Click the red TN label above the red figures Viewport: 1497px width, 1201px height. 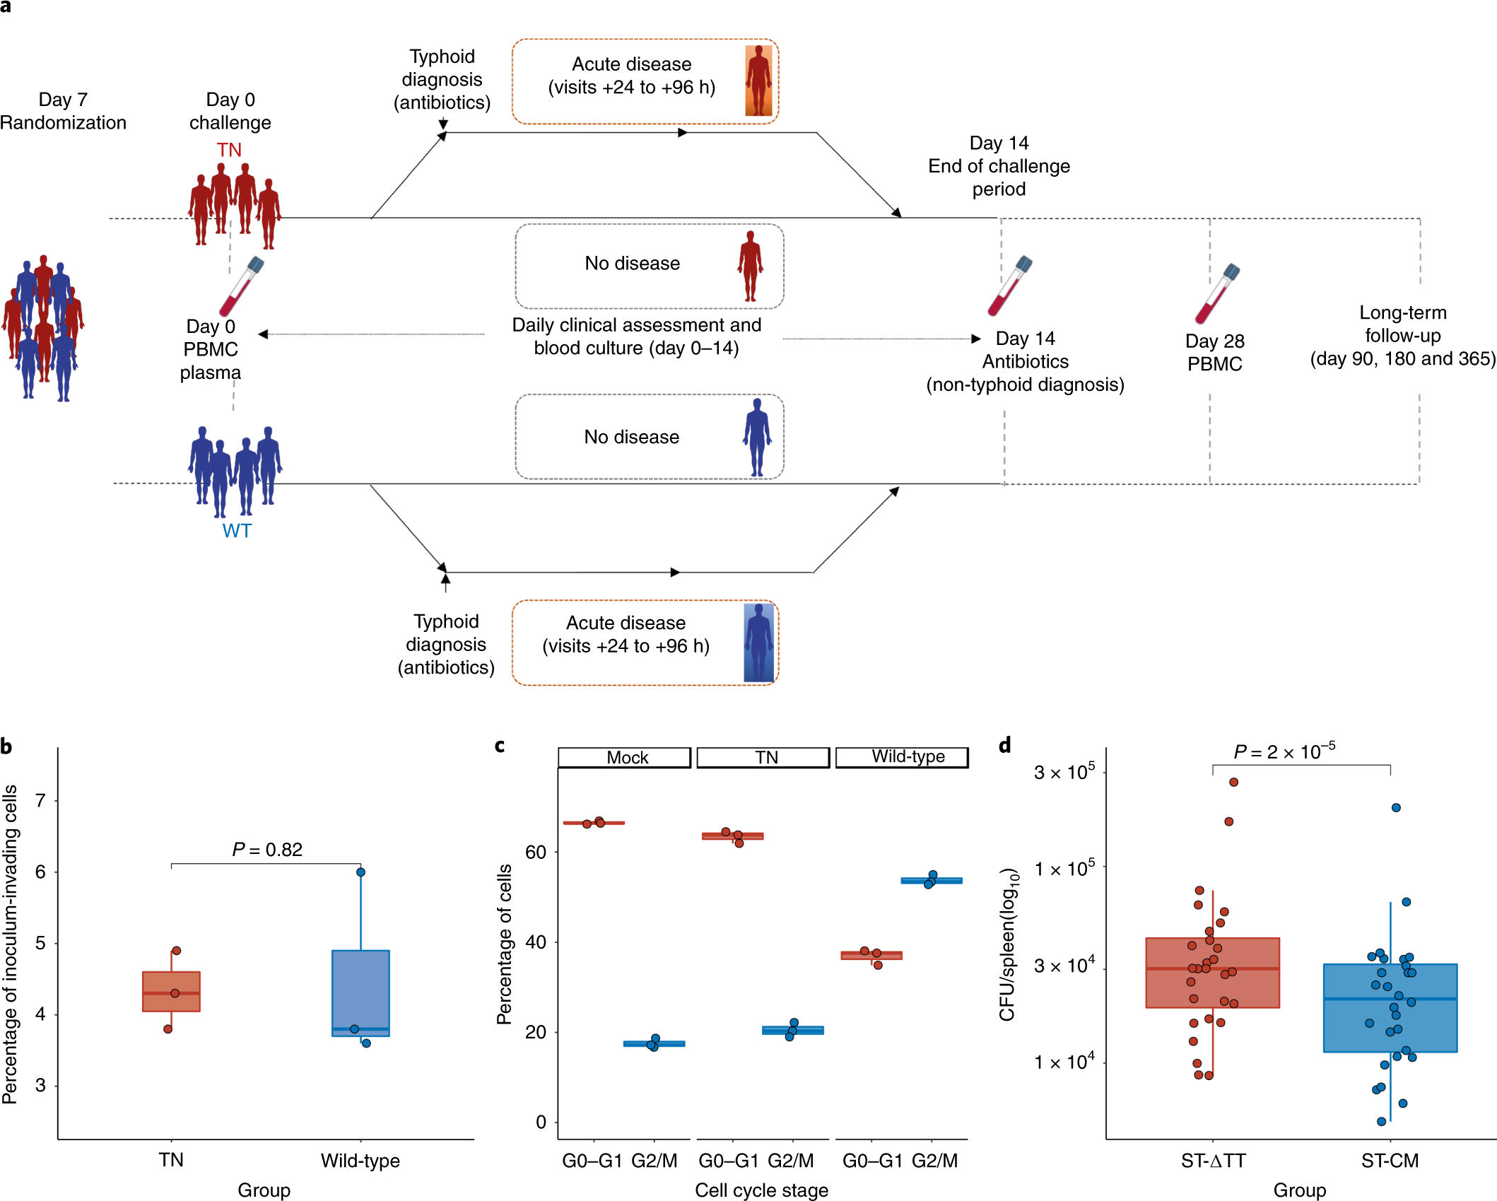pyautogui.click(x=229, y=150)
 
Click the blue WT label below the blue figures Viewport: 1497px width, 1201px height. pyautogui.click(x=237, y=531)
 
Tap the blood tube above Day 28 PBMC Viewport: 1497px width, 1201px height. pyautogui.click(x=1217, y=293)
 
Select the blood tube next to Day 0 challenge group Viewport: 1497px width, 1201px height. pyautogui.click(x=241, y=286)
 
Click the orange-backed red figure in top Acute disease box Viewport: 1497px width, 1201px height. pyautogui.click(x=758, y=81)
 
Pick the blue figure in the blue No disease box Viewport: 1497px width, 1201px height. pyautogui.click(x=757, y=437)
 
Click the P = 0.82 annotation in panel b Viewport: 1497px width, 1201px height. pyautogui.click(x=267, y=849)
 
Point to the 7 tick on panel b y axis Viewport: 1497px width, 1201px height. pyautogui.click(x=40, y=801)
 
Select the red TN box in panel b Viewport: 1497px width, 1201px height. pyautogui.click(x=171, y=991)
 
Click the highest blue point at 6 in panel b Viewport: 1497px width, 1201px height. pyautogui.click(x=360, y=872)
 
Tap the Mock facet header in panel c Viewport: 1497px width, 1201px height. pyautogui.click(x=625, y=757)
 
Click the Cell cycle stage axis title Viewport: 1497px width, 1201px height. pyautogui.click(x=761, y=1190)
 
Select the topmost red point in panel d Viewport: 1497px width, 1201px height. pyautogui.click(x=1233, y=782)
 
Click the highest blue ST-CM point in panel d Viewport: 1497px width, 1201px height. pyautogui.click(x=1396, y=807)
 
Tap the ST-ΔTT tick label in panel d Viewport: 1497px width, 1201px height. pyautogui.click(x=1213, y=1160)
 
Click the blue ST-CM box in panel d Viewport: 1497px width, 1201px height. pyautogui.click(x=1390, y=1007)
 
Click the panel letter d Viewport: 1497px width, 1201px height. pyautogui.click(x=1004, y=745)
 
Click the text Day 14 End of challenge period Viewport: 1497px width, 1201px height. pyautogui.click(x=999, y=166)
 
